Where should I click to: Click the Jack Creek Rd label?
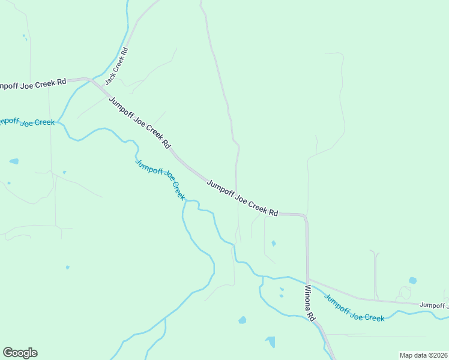tap(117, 66)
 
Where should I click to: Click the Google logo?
tap(20, 353)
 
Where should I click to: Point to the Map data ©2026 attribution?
tap(423, 355)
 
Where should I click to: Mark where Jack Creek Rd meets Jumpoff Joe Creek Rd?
tap(90, 79)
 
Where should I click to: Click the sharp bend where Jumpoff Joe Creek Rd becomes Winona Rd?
tap(305, 215)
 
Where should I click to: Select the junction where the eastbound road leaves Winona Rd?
tap(308, 280)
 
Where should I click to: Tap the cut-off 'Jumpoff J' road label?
tap(433, 305)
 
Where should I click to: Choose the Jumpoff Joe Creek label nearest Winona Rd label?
tap(354, 308)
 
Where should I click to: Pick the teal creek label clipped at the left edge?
tap(27, 122)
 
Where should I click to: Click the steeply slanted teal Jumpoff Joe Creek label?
tap(160, 179)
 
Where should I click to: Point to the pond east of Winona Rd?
tap(412, 280)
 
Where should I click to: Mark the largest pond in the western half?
tap(270, 342)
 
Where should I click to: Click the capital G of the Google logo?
tap(8, 353)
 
